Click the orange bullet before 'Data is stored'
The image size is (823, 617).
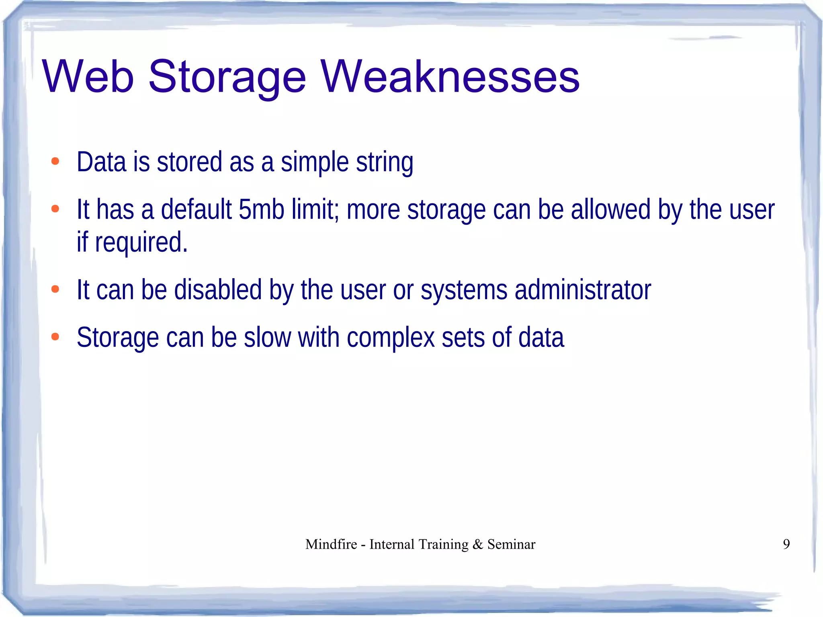(55, 162)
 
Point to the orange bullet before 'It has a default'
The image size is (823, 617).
(55, 209)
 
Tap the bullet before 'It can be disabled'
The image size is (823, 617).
(55, 289)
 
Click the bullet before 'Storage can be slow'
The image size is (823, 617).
(55, 337)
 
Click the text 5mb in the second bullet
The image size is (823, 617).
(261, 210)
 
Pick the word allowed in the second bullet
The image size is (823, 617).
(610, 210)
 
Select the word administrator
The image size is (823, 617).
(583, 290)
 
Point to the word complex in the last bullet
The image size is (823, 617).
(391, 338)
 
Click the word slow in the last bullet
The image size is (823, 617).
(267, 338)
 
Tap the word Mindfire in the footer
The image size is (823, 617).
(331, 544)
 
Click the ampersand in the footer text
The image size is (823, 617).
(477, 544)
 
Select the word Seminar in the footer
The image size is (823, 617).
(511, 544)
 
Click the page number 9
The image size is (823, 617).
(786, 544)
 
